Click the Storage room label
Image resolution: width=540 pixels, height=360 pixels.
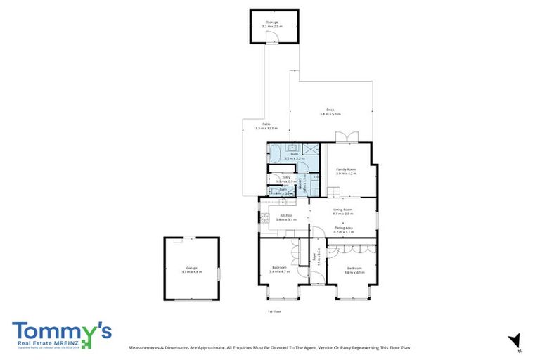274,22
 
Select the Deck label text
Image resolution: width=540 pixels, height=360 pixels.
330,109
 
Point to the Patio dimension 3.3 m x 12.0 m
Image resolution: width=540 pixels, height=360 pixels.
266,129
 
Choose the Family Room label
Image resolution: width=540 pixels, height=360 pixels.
346,169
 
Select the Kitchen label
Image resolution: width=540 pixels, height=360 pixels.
285,215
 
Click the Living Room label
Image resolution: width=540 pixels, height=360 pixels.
342,210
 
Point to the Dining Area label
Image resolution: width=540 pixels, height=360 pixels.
343,227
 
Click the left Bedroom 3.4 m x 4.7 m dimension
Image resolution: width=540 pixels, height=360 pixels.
279,271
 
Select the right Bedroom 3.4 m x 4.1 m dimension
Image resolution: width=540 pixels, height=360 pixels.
354,271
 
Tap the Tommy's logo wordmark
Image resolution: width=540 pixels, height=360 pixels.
61,331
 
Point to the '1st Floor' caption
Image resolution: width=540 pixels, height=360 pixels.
274,311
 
